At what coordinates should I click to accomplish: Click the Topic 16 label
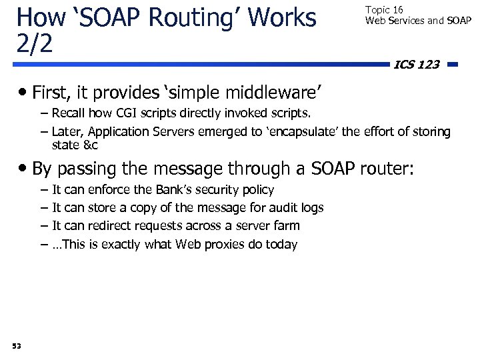point(384,11)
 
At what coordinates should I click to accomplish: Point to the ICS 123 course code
point(417,65)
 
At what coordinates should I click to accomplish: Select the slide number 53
point(16,345)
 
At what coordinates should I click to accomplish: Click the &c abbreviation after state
point(91,144)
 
